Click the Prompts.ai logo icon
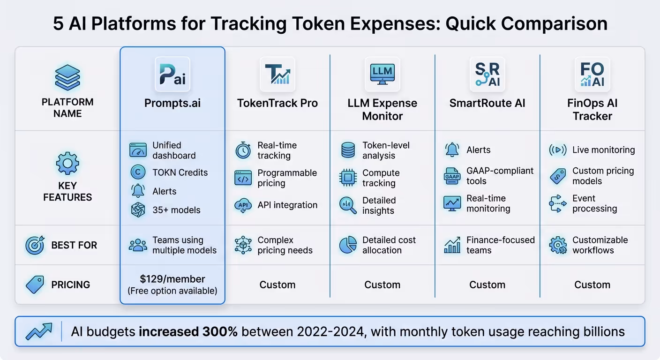(x=172, y=75)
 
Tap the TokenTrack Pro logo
(x=277, y=75)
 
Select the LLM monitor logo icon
(x=382, y=75)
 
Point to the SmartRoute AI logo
(x=487, y=75)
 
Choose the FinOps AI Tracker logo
(x=592, y=75)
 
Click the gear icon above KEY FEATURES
(x=67, y=164)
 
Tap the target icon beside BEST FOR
(x=35, y=245)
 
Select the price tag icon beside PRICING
(x=35, y=285)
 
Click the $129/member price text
(x=172, y=279)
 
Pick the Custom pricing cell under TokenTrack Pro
(x=277, y=285)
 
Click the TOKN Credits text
(x=180, y=172)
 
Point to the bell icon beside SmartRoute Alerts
(x=452, y=150)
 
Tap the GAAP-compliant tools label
(x=500, y=176)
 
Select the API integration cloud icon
(x=243, y=205)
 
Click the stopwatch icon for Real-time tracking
(x=243, y=150)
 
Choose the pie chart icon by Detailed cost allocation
(x=348, y=245)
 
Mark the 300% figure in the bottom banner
(x=220, y=332)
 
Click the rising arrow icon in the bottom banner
(x=39, y=331)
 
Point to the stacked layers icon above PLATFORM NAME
(x=67, y=78)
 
